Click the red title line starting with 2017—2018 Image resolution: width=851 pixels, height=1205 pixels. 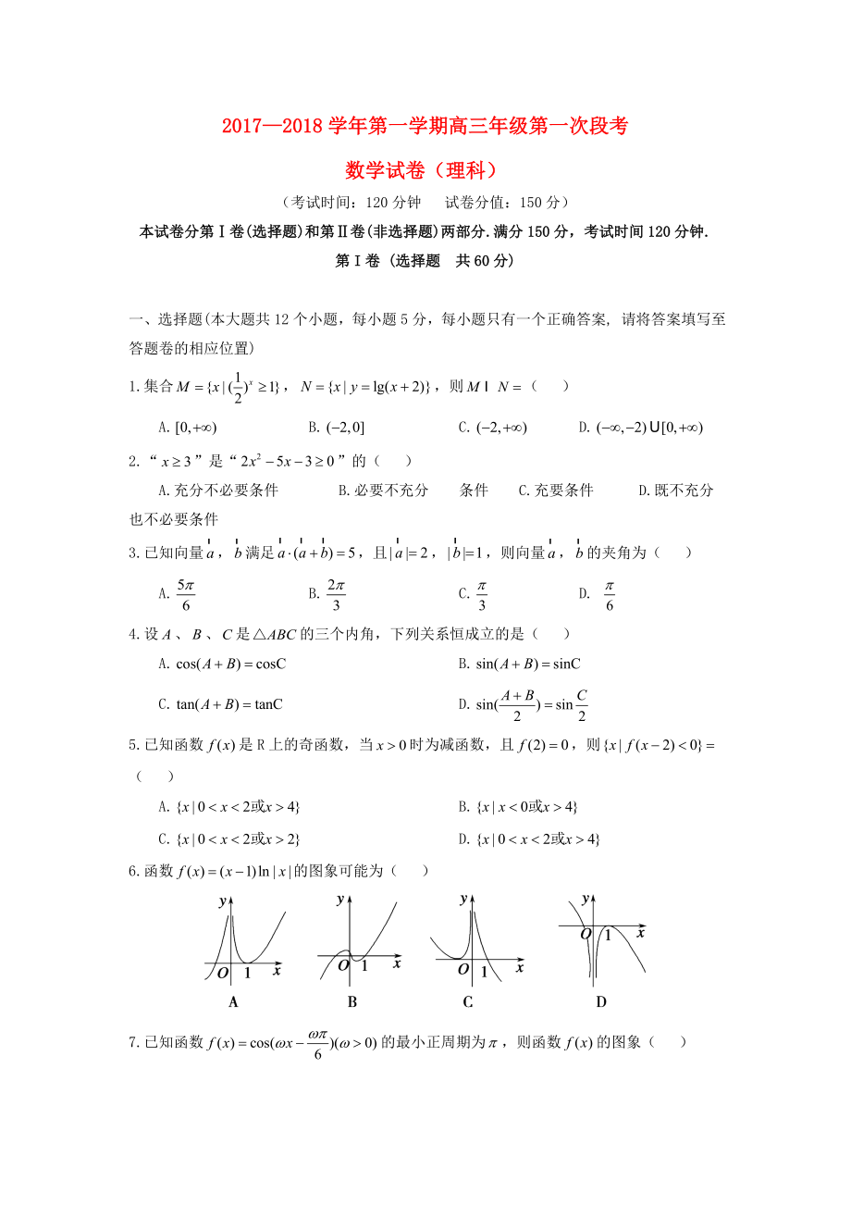click(425, 127)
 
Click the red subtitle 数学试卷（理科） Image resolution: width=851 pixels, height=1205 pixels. click(425, 170)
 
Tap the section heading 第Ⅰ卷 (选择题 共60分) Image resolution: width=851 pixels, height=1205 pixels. click(425, 261)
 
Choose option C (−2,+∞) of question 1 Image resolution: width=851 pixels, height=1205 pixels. click(501, 428)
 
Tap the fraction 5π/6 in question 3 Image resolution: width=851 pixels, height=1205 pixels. click(186, 595)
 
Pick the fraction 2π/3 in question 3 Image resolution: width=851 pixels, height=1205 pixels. click(337, 595)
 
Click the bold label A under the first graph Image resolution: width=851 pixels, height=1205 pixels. click(233, 1001)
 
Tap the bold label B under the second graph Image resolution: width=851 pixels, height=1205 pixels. click(352, 1001)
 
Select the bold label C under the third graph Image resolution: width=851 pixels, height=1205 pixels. click(468, 1001)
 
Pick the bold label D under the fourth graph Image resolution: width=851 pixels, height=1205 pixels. click(600, 1001)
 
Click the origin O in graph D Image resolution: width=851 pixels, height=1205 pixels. click(585, 934)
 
